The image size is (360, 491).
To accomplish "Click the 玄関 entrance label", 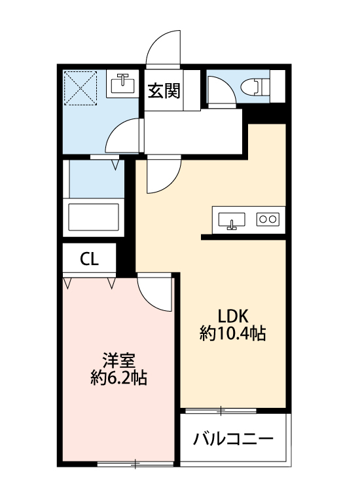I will coord(164,91).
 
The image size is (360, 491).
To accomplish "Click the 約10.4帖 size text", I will coord(232,333).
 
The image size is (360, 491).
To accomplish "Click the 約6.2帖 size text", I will coord(118,378).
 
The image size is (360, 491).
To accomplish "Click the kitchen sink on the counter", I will coord(231,221).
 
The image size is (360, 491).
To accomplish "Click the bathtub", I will coord(94,216).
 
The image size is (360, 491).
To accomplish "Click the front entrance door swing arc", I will coord(162,49).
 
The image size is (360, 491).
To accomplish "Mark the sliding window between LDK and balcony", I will coord(221,411).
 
